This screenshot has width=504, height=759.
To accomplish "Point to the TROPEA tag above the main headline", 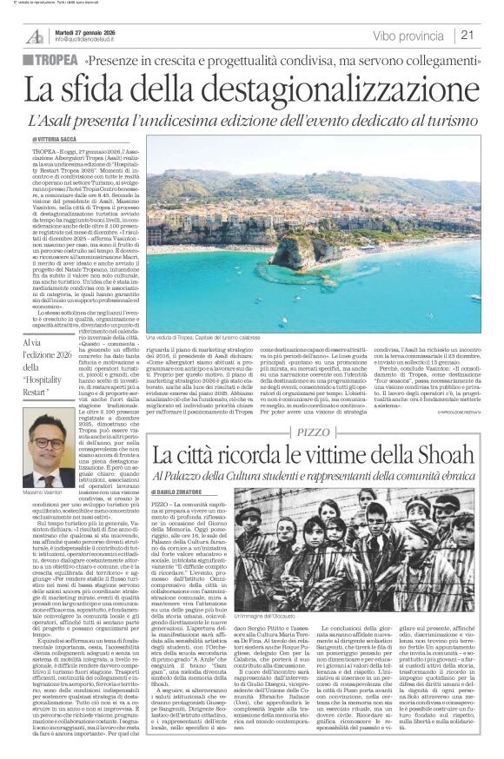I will pyautogui.click(x=55, y=63).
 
